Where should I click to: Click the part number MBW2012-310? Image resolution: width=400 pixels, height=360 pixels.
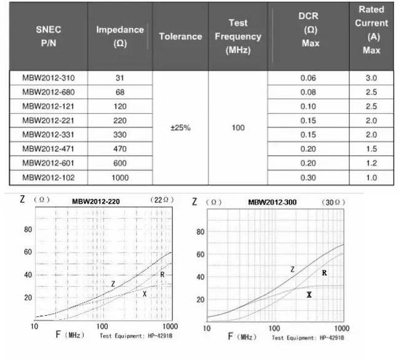(48, 78)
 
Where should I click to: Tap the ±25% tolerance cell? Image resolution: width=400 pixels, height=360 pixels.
(181, 128)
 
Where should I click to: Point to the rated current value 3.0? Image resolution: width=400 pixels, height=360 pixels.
(371, 78)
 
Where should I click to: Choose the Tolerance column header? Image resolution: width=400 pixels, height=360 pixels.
(181, 36)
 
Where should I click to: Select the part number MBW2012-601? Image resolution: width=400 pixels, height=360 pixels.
(48, 162)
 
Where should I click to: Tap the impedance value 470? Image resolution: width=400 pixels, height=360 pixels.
(120, 148)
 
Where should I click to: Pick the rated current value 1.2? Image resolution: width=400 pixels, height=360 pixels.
(371, 162)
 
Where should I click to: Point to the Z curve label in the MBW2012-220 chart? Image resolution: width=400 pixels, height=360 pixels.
(113, 284)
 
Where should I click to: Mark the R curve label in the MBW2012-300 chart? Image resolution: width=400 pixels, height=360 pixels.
(324, 272)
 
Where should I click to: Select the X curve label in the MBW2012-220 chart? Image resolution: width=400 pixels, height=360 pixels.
(144, 294)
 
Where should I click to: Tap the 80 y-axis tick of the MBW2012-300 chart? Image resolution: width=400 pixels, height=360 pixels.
(200, 232)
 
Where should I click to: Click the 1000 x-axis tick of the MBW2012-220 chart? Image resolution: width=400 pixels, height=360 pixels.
(168, 327)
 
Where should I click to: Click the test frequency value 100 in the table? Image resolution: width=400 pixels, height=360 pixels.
(238, 128)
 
